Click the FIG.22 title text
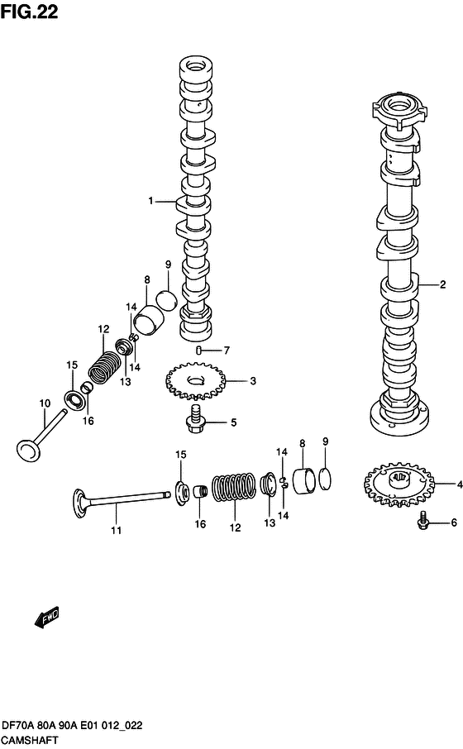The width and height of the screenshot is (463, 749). [x=29, y=11]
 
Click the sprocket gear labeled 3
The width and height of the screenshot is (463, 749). [x=195, y=381]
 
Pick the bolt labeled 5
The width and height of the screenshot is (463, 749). [x=195, y=419]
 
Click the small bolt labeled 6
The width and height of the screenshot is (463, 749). [x=422, y=520]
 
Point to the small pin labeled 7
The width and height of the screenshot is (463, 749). [x=198, y=351]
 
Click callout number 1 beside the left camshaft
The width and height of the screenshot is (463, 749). [x=151, y=201]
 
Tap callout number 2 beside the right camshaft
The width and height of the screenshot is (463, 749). [x=443, y=284]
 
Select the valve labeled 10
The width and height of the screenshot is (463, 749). [x=41, y=434]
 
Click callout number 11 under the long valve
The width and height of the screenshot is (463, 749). [x=116, y=530]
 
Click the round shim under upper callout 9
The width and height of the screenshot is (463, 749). [x=166, y=299]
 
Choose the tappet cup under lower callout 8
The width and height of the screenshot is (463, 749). [x=304, y=481]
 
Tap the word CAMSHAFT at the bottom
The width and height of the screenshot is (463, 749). [x=30, y=741]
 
